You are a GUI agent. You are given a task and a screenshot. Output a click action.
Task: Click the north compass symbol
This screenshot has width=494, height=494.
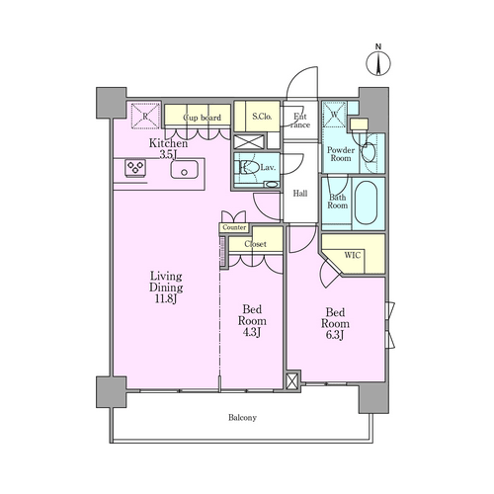click(x=378, y=61)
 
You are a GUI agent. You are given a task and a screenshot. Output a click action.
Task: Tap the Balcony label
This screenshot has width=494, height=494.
click(x=242, y=418)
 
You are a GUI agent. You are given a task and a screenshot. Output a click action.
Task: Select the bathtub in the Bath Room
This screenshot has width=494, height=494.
click(x=366, y=203)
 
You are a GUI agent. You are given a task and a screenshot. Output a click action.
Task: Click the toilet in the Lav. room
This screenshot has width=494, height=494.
click(x=249, y=168)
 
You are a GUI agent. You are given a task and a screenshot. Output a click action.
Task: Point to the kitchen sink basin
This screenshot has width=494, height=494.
click(x=185, y=169)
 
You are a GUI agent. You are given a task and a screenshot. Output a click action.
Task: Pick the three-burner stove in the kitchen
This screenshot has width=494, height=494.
click(x=135, y=168)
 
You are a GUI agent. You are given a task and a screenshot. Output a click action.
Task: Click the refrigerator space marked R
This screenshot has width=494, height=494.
click(x=145, y=116)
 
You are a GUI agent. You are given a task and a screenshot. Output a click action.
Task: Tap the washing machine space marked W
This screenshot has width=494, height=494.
click(x=334, y=115)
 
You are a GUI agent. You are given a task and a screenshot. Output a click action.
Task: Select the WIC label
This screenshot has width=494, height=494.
click(x=353, y=255)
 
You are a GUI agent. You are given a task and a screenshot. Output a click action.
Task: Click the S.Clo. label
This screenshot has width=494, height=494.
click(x=262, y=117)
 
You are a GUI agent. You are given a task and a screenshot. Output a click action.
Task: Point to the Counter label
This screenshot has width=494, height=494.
click(x=234, y=227)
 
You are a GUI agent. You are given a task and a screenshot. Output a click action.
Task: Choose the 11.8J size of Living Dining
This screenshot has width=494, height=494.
click(x=166, y=299)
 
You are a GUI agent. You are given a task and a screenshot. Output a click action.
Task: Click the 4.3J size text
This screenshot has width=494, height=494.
click(x=252, y=332)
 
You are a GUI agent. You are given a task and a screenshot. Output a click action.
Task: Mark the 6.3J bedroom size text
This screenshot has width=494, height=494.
click(x=335, y=335)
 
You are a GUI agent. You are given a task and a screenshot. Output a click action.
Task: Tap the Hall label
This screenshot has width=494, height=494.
click(x=300, y=194)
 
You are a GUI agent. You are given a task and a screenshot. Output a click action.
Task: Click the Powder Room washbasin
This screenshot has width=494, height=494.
click(x=369, y=152)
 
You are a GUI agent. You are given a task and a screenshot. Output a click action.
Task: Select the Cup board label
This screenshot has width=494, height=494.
click(x=203, y=118)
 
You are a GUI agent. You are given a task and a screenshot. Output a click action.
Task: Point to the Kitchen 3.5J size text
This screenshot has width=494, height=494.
click(x=169, y=154)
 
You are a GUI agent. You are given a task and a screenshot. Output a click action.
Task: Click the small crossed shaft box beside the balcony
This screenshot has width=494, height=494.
click(x=291, y=381)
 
